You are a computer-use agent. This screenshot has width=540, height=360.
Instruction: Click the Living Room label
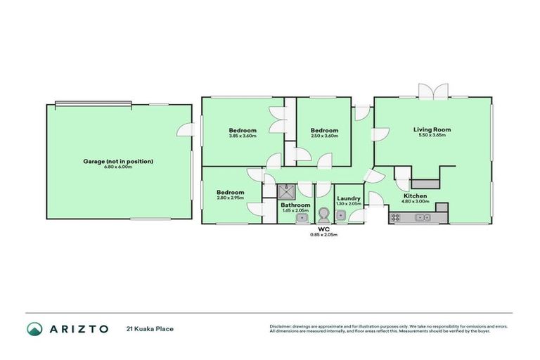432,129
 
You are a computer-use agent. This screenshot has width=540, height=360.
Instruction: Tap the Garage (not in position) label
118,161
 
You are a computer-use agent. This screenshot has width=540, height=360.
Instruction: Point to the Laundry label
349,198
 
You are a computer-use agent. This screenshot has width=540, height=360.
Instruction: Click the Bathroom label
296,205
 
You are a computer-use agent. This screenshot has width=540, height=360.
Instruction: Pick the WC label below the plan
324,229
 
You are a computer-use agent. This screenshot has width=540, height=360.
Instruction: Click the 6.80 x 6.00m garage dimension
118,167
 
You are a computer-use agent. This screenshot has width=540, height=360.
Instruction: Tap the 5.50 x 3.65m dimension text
432,135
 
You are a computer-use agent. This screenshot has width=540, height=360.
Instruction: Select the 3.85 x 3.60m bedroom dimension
242,136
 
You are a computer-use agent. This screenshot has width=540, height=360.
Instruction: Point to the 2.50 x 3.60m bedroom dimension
324,136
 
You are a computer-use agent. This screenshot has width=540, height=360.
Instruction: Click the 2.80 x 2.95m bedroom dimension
230,198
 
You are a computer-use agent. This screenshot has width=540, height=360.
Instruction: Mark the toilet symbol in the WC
324,214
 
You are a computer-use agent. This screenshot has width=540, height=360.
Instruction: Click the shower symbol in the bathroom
287,191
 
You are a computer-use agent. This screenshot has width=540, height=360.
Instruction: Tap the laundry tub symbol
340,215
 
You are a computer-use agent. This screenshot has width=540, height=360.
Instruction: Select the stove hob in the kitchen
395,218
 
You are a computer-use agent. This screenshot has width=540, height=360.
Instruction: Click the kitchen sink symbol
423,218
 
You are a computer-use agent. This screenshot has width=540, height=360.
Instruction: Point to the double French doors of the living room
432,91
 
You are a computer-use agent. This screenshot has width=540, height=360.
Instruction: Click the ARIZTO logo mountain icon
34,328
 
